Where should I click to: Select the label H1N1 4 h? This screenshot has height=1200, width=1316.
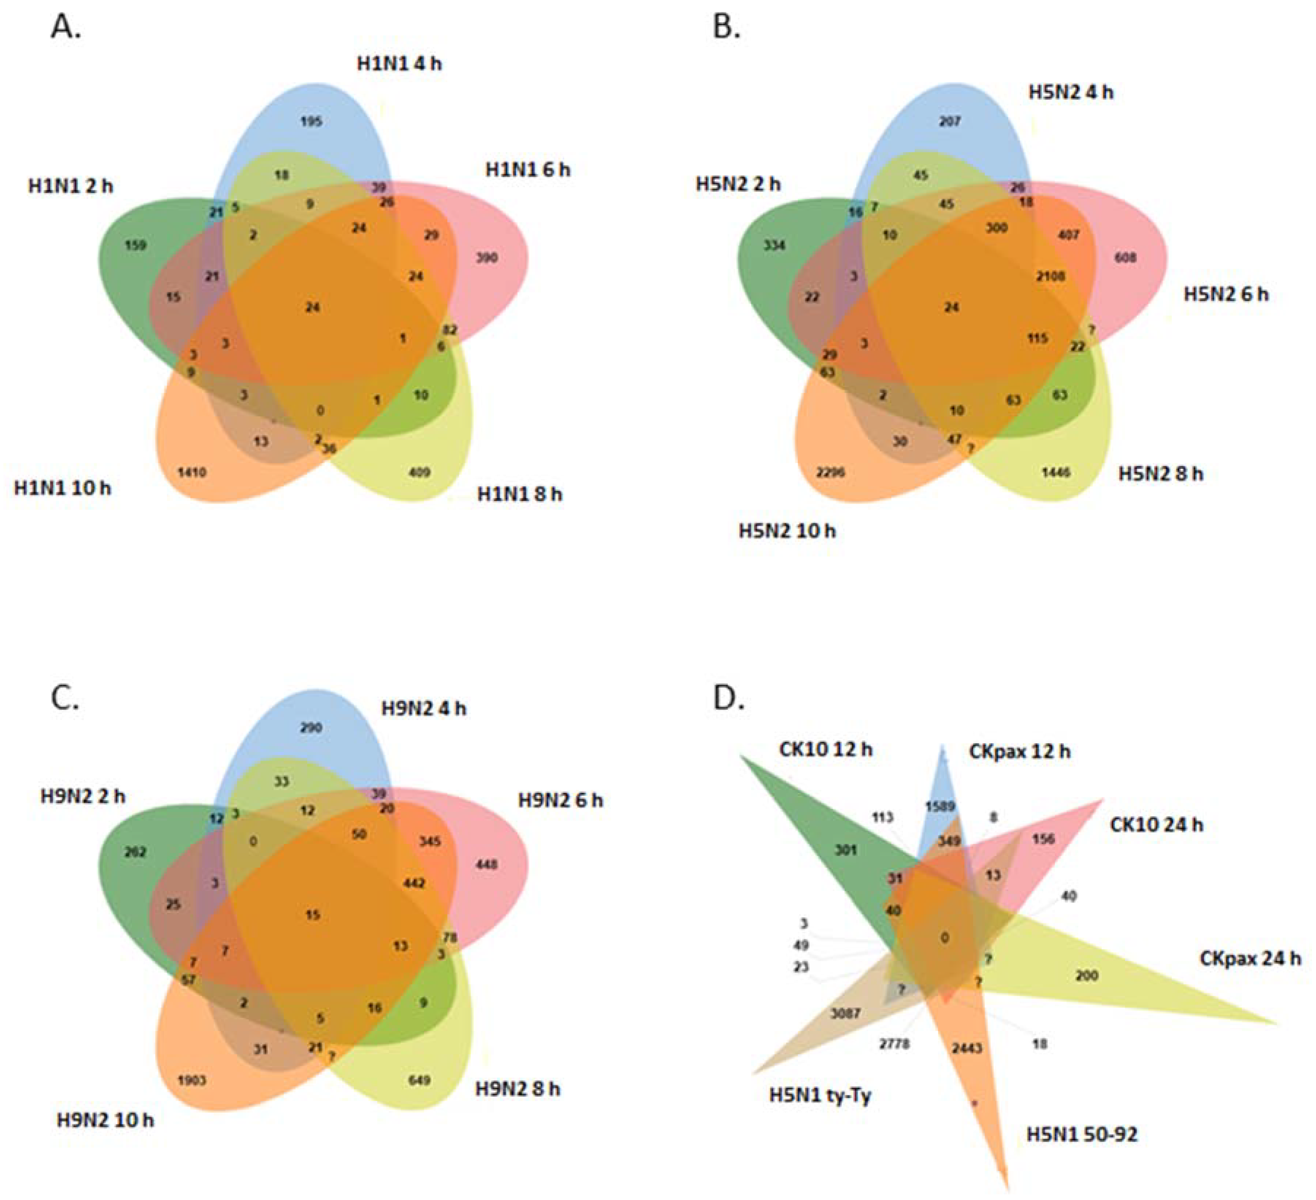(x=399, y=63)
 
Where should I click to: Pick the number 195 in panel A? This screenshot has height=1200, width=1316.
(x=311, y=122)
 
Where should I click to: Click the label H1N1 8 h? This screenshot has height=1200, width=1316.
(x=519, y=494)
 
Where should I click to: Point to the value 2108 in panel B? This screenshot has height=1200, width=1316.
(x=1050, y=276)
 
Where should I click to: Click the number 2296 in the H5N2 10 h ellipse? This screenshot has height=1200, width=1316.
(x=830, y=472)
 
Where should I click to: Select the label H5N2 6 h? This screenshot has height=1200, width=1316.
(x=1226, y=294)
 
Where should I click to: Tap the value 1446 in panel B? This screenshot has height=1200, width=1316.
(x=1056, y=472)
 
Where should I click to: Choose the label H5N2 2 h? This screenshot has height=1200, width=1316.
(x=738, y=184)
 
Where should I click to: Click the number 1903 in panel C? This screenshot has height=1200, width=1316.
(x=192, y=1081)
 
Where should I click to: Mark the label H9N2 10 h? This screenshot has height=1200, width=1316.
(x=106, y=1120)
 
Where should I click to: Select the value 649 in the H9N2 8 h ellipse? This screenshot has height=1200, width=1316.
(x=419, y=1081)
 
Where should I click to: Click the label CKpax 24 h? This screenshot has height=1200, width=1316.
(x=1250, y=959)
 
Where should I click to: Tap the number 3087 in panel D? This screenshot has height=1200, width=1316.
(x=845, y=1013)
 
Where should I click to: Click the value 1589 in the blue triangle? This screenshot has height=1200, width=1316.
(x=940, y=807)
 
